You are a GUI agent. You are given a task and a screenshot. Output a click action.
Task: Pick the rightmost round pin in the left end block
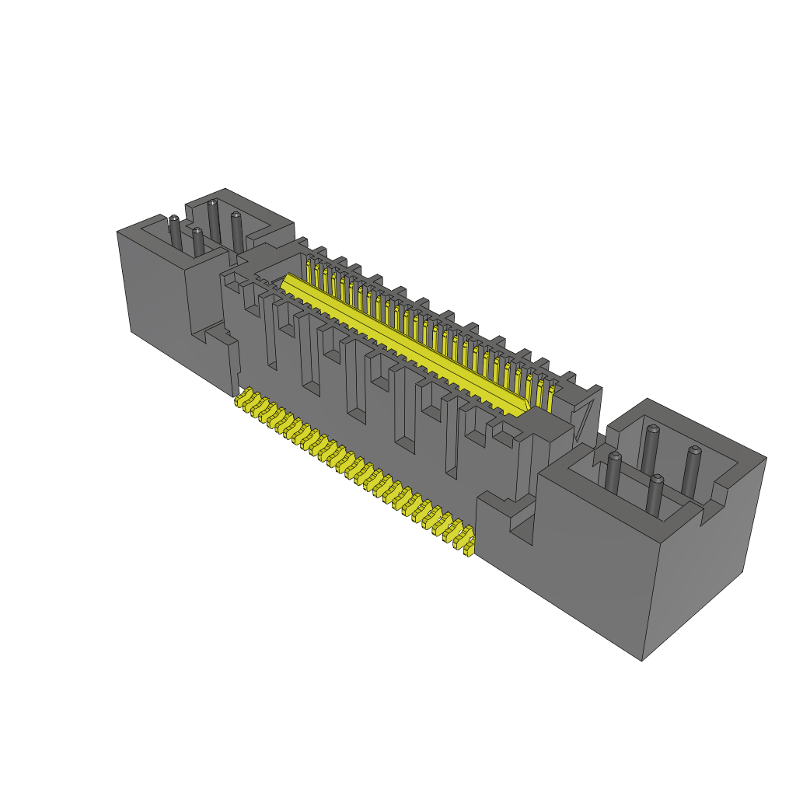point(236,225)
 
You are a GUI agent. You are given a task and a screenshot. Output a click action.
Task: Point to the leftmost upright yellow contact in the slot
point(309,271)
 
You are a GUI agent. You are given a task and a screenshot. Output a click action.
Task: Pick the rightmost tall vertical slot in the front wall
point(451,435)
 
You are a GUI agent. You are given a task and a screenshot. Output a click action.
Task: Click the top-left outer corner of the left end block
point(117,232)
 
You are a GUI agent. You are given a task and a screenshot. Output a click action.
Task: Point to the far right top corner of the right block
point(766,458)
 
